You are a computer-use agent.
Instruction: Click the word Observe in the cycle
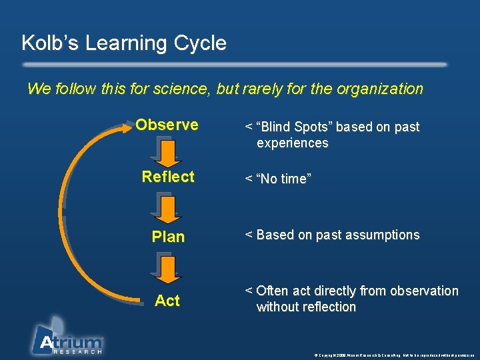(x=167, y=125)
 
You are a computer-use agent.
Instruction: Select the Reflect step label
(x=168, y=177)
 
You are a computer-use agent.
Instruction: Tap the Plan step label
(x=168, y=237)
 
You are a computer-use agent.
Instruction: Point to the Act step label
(x=167, y=301)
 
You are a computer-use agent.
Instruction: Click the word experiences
(x=292, y=143)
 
